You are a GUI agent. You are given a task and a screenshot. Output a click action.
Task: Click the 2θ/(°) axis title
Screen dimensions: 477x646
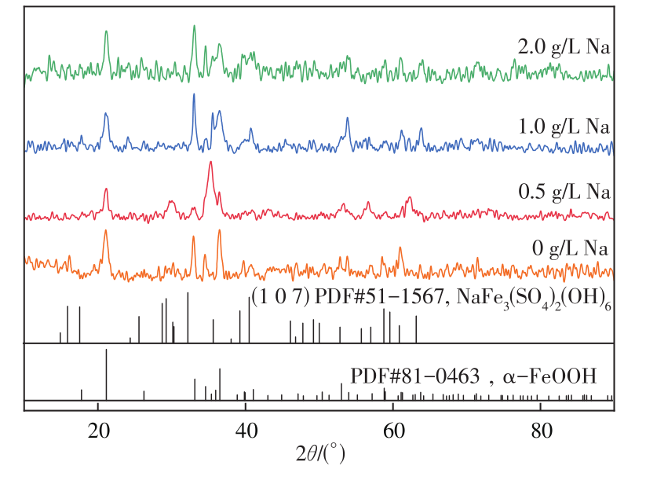319,454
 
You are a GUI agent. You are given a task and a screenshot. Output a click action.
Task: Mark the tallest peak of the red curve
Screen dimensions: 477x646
210,163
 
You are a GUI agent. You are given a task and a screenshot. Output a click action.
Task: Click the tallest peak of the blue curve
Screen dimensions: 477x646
194,95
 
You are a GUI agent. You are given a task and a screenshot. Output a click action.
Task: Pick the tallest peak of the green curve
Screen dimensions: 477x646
194,27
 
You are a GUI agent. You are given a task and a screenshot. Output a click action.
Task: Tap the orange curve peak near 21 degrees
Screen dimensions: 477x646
106,231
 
